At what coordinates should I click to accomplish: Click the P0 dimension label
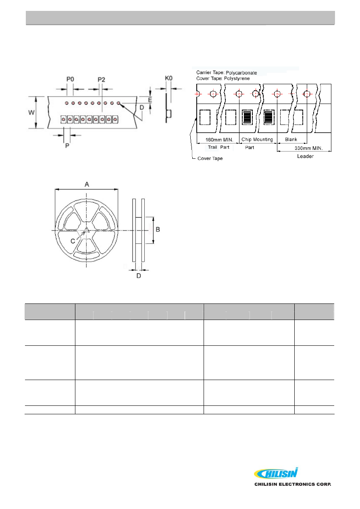pos(70,79)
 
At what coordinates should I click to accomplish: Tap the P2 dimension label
pos(101,79)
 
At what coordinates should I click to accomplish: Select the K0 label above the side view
pos(169,78)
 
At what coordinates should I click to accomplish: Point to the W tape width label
pos(31,112)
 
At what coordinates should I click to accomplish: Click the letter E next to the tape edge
pos(150,99)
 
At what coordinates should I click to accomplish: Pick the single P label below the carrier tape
pos(67,145)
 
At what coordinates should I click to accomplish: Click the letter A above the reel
pos(87,184)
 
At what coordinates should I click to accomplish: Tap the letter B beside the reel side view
pos(158,229)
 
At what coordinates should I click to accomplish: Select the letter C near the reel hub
pos(73,241)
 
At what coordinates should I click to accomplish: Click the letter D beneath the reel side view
pos(139,276)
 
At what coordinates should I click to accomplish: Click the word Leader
pos(306,156)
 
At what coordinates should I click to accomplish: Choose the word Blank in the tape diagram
pos(291,140)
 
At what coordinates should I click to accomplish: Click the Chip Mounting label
pos(257,140)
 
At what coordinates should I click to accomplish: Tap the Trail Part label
pos(218,147)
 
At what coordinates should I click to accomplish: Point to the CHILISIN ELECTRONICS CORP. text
pos(292,484)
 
